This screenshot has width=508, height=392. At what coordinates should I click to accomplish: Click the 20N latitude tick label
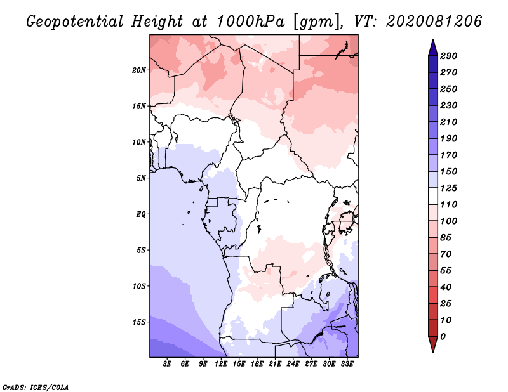[139, 70]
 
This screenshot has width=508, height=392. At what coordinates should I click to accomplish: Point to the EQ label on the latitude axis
[141, 214]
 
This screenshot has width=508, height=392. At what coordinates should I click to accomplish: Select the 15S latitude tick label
[139, 322]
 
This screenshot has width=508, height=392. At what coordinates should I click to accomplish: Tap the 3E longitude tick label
[167, 363]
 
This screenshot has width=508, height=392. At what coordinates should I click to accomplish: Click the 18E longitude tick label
[257, 363]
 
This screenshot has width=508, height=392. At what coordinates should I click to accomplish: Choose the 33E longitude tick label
[347, 363]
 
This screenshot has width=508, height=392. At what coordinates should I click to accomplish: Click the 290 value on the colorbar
[449, 56]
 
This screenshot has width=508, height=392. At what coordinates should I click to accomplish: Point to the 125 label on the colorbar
[449, 188]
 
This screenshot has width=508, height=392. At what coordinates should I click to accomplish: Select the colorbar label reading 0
[443, 337]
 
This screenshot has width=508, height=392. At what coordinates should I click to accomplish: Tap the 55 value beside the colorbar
[446, 271]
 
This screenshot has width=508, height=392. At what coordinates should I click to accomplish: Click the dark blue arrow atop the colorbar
[433, 48]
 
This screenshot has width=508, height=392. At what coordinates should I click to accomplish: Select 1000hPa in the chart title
[250, 22]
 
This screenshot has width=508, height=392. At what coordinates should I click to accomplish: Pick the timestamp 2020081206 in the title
[434, 22]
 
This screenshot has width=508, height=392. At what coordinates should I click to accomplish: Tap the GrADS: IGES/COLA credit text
[36, 387]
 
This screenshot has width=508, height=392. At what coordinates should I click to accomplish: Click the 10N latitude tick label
[139, 142]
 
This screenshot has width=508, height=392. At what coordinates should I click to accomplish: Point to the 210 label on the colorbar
[449, 122]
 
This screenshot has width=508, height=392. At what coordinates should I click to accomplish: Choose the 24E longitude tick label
[293, 363]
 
